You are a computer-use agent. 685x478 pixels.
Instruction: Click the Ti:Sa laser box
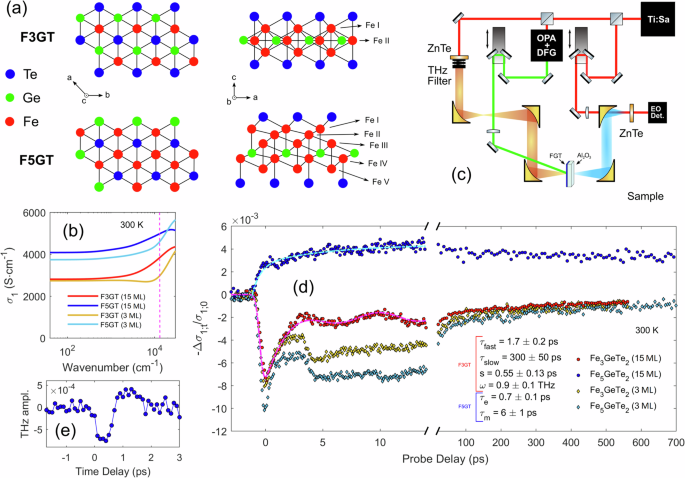click(654, 19)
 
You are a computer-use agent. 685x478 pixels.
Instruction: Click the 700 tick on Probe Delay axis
click(676, 441)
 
